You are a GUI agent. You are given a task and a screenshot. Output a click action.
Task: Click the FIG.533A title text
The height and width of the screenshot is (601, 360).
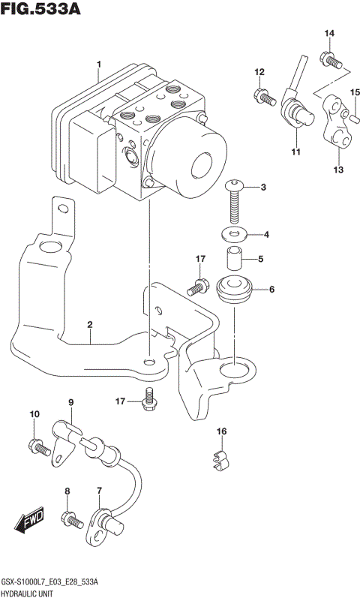[40, 10]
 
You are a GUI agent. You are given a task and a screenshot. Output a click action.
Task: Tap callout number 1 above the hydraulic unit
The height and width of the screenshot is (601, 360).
[98, 65]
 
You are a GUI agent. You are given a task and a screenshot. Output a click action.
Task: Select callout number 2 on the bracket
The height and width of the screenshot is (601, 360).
[89, 325]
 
